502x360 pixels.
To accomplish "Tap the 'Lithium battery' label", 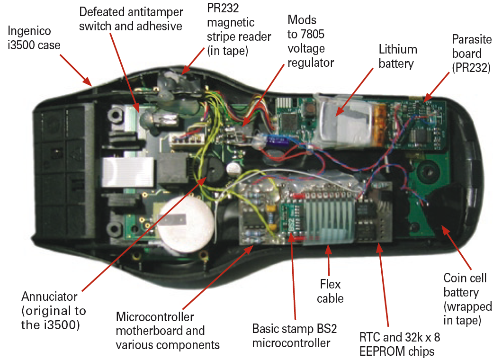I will coord(398,56).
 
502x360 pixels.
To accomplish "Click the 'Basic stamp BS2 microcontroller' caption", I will coord(291,335).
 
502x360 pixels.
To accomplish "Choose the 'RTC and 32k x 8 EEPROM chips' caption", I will coord(397,345).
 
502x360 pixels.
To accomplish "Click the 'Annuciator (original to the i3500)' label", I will coord(54,311).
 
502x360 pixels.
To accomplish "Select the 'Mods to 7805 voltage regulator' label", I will coord(311,41).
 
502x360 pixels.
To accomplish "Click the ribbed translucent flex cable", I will coord(329,223).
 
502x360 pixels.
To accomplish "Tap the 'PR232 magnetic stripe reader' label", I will coord(239,29).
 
